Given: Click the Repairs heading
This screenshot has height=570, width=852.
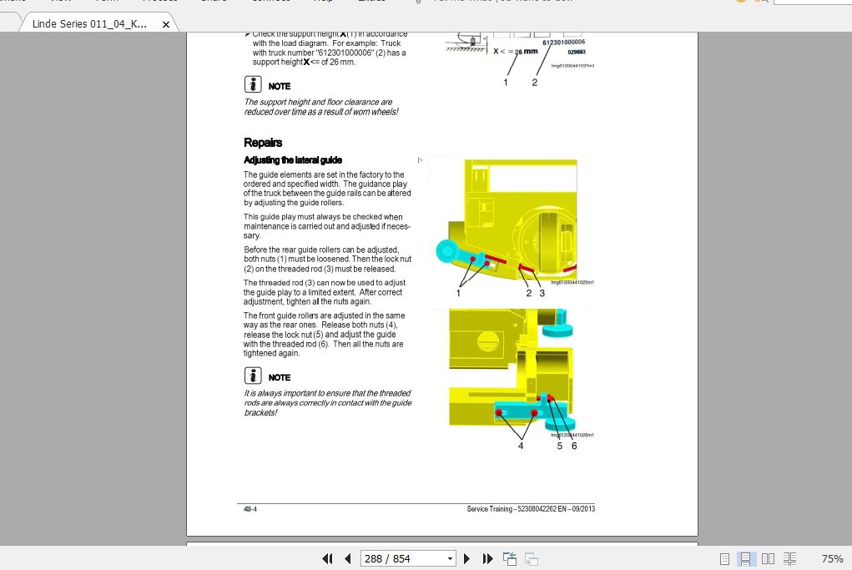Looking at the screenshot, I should click(263, 143).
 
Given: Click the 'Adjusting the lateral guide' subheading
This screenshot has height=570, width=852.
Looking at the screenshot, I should click(293, 159).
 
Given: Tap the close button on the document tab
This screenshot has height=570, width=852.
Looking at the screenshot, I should click(165, 25).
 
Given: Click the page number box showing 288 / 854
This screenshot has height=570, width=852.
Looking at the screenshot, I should click(408, 558).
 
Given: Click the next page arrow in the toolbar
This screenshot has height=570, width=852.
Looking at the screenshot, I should click(467, 558).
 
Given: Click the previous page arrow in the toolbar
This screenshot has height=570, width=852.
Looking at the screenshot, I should click(348, 558).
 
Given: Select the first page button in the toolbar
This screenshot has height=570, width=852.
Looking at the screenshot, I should click(328, 558).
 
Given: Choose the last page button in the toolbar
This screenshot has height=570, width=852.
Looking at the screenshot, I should click(488, 558).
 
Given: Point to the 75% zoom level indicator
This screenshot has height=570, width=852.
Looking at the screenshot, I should click(832, 558).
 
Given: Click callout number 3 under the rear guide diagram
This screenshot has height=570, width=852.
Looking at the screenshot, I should click(542, 293).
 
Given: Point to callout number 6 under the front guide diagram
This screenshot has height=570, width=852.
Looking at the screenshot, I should click(574, 446).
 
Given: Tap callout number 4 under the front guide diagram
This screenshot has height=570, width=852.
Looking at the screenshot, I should click(521, 446).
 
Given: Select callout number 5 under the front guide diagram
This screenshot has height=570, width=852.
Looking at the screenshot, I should click(560, 446).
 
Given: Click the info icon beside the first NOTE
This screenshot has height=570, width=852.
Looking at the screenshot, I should click(253, 84).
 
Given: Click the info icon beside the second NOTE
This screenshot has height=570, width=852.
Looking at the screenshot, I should click(253, 376).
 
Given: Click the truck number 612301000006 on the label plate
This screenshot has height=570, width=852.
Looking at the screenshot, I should click(563, 42).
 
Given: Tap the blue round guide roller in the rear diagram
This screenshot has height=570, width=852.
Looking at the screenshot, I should click(446, 250).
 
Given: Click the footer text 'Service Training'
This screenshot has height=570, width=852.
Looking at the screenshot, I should click(492, 509).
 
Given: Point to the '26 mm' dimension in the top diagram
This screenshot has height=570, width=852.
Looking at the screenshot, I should click(526, 52).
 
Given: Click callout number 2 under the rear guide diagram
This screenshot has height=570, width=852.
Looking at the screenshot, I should click(528, 293).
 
